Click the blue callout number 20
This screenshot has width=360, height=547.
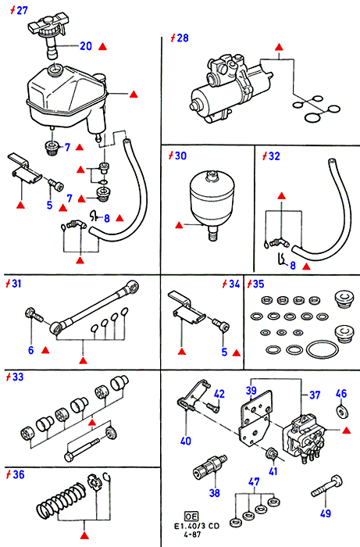click(86, 46)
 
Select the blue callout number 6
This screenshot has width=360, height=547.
click(31, 350)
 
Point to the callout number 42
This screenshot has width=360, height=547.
click(219, 394)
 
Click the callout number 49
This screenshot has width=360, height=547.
click(326, 513)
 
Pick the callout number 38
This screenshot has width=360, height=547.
click(215, 492)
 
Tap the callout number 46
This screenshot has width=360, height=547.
click(341, 394)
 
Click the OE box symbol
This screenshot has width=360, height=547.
click(191, 517)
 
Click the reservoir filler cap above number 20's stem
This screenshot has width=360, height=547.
click(47, 29)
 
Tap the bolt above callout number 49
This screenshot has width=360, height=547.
click(327, 485)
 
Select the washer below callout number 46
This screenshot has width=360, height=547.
click(342, 412)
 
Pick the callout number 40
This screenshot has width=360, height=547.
click(186, 441)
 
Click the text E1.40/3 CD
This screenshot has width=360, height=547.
click(197, 526)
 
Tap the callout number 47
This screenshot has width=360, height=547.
click(254, 482)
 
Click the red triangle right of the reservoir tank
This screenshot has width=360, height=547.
click(134, 95)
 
